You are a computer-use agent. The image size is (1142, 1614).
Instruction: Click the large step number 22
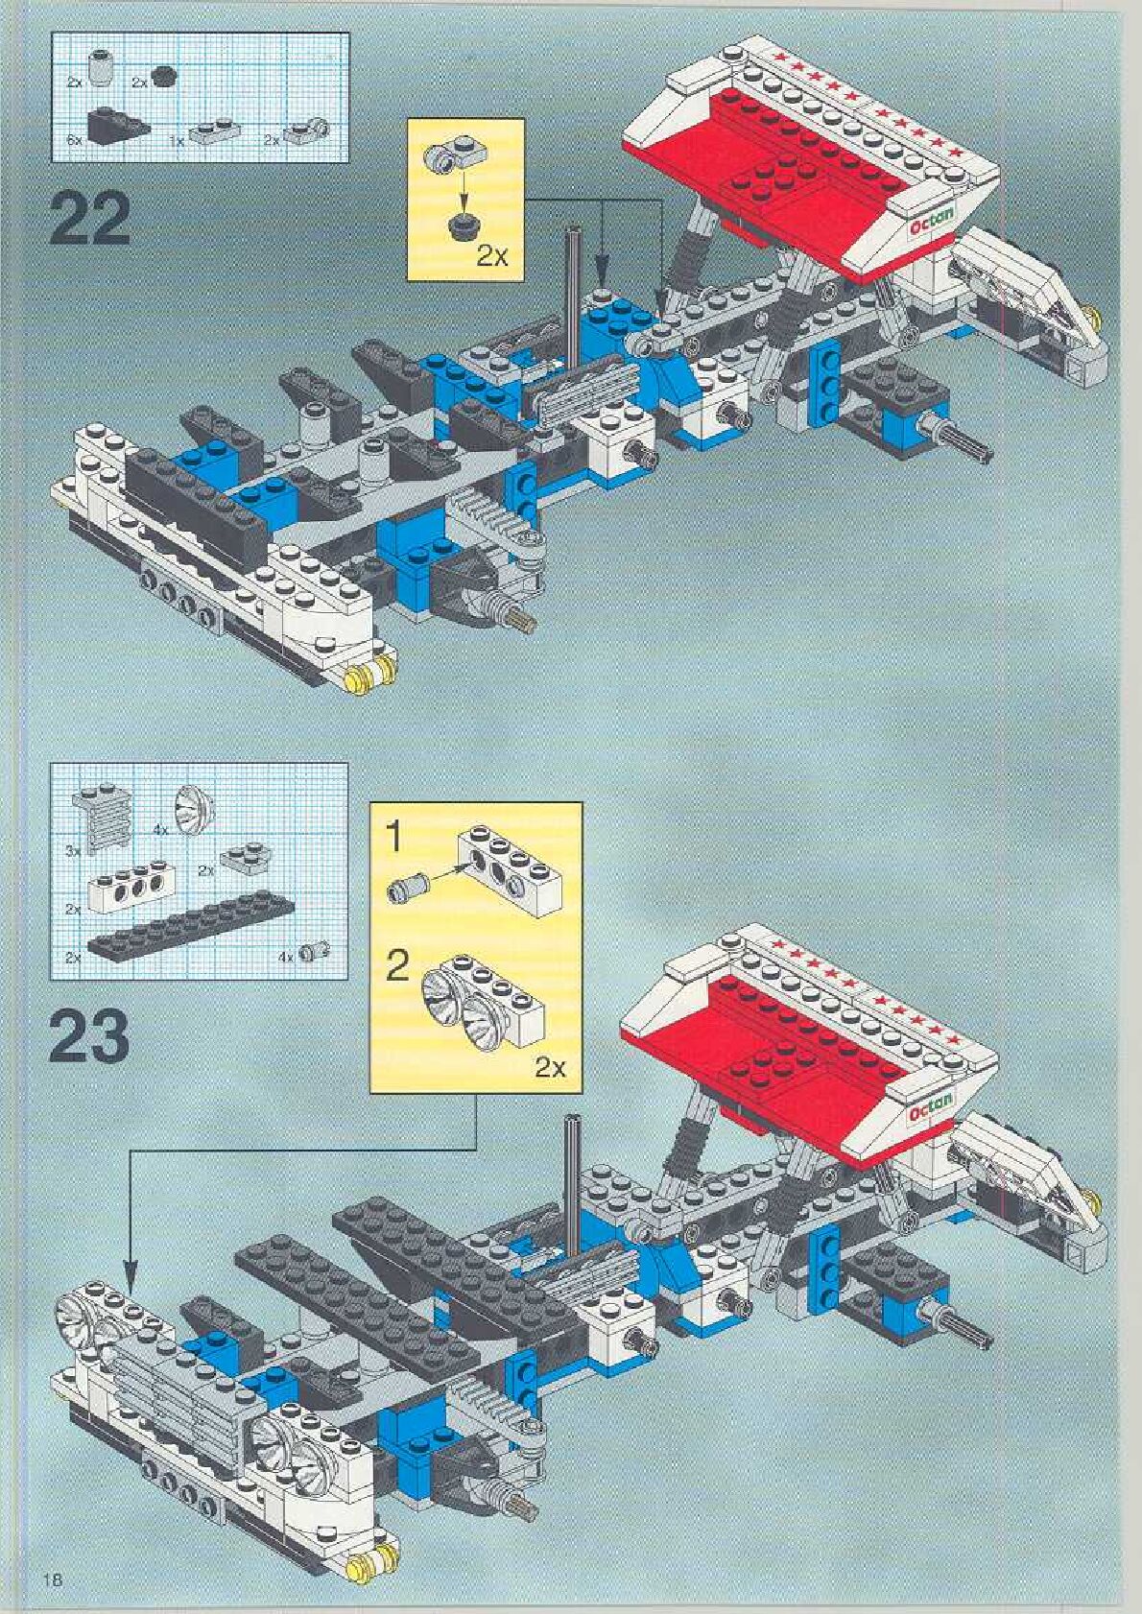click(88, 220)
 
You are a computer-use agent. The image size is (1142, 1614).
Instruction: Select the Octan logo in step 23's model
click(929, 1107)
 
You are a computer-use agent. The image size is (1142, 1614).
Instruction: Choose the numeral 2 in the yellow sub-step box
click(396, 966)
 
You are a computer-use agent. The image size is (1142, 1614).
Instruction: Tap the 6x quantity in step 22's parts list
click(76, 140)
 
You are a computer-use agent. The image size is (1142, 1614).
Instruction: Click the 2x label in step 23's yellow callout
click(549, 1067)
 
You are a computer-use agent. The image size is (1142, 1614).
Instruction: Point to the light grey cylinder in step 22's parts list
click(100, 69)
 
